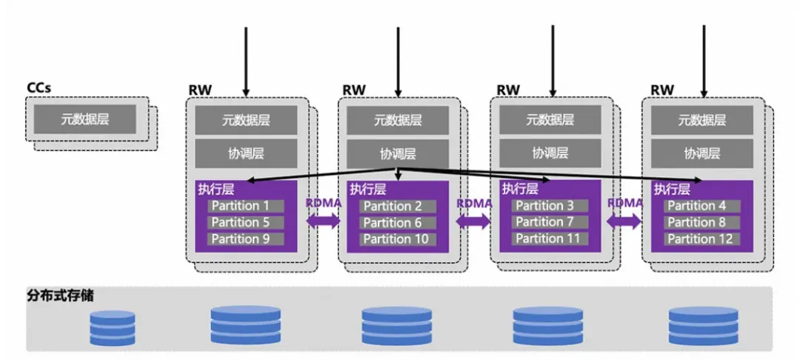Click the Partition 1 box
tap(246, 206)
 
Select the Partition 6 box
tap(397, 222)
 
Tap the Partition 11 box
tap(550, 239)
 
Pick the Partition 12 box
tap(701, 239)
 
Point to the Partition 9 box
tap(246, 239)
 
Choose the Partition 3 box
tap(550, 206)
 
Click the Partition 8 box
tap(701, 222)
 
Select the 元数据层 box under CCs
tap(84, 119)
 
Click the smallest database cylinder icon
tap(113, 328)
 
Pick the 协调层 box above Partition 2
tap(398, 153)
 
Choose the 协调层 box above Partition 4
tap(701, 153)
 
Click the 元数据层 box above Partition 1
tap(246, 120)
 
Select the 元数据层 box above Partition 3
tap(550, 120)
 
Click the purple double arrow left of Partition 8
tap(624, 220)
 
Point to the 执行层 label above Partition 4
tap(672, 190)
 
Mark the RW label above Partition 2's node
tap(353, 90)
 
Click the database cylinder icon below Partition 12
tap(703, 326)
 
